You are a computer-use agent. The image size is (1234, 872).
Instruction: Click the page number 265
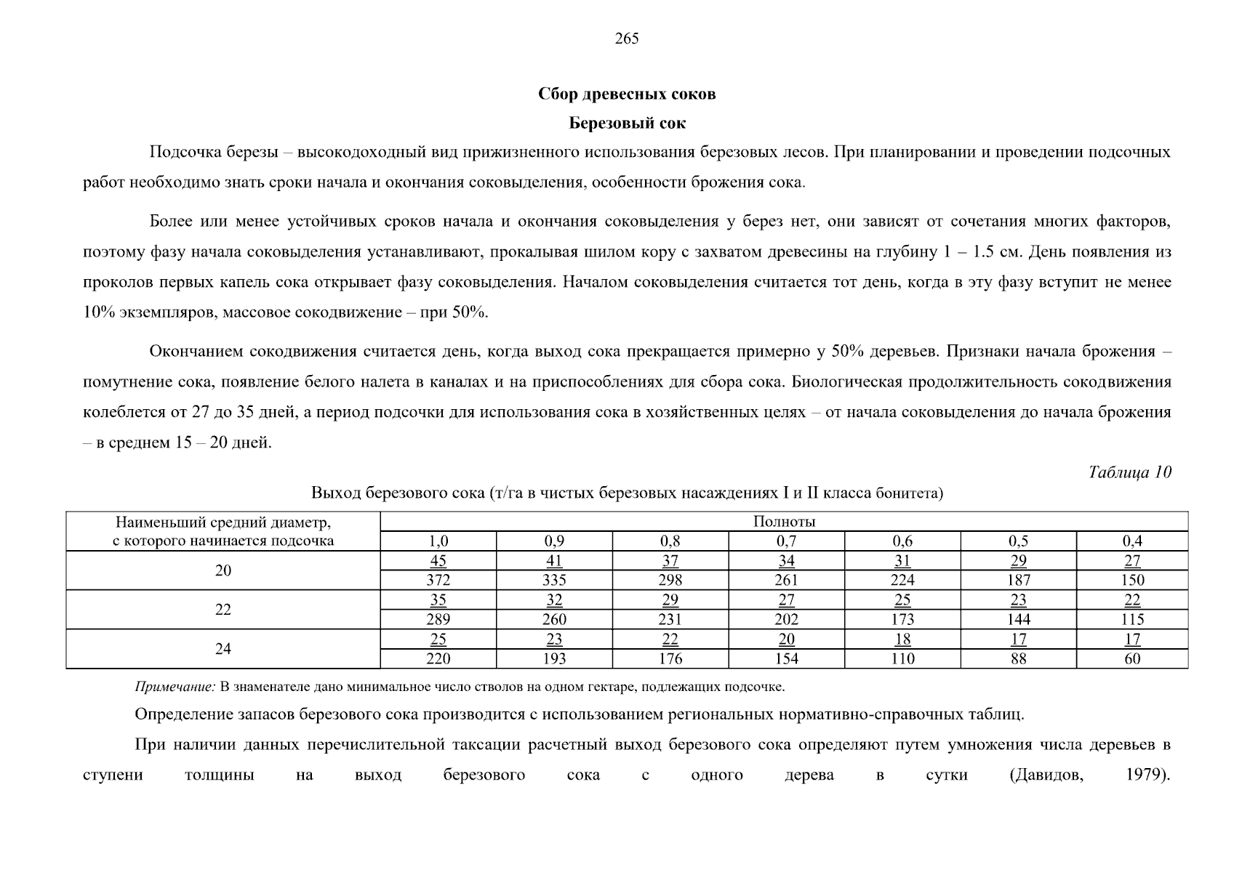(x=626, y=39)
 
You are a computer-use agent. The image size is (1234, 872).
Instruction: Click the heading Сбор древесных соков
(x=626, y=94)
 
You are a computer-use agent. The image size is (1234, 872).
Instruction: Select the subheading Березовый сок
(x=626, y=124)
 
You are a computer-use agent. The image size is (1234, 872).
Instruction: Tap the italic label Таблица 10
(x=1129, y=472)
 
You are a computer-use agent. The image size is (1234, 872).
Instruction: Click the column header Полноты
(x=784, y=522)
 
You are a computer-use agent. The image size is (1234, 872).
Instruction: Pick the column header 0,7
(x=786, y=541)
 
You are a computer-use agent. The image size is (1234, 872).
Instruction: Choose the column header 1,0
(x=438, y=541)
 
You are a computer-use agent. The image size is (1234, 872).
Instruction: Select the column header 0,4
(x=1132, y=541)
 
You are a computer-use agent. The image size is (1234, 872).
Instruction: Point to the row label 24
(x=223, y=649)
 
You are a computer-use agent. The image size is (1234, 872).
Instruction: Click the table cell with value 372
(x=438, y=581)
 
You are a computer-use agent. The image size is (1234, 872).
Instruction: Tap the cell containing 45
(x=438, y=561)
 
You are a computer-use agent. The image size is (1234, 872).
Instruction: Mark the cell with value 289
(x=438, y=620)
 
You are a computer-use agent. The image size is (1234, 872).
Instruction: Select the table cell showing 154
(x=786, y=659)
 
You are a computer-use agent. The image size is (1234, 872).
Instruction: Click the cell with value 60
(x=1132, y=659)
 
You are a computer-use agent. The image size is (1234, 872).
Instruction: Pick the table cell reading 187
(x=1018, y=581)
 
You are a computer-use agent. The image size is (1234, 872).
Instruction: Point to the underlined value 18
(x=902, y=639)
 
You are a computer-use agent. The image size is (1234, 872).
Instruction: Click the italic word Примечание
(x=175, y=687)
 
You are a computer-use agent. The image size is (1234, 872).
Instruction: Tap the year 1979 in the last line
(x=1144, y=775)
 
